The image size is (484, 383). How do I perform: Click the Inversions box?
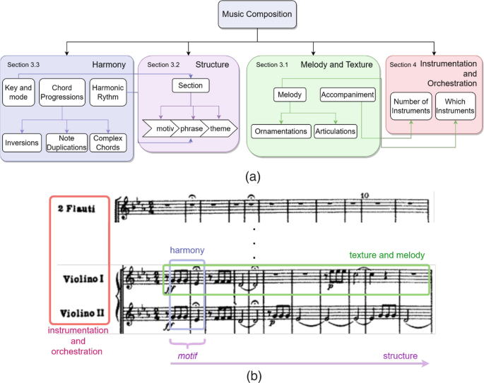pos(21,142)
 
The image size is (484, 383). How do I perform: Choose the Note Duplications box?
pos(65,142)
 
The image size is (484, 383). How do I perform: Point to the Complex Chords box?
pos(108,142)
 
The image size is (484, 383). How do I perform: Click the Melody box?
pos(290,94)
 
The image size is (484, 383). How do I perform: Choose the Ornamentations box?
pos(281,131)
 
